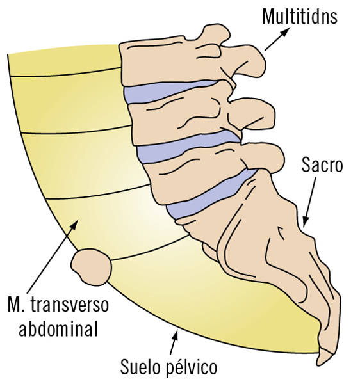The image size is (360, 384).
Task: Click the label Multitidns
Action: pyautogui.click(x=300, y=16)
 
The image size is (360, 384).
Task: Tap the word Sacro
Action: pyautogui.click(x=322, y=165)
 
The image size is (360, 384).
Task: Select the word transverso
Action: pyautogui.click(x=69, y=305)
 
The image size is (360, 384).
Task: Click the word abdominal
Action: pyautogui.click(x=58, y=328)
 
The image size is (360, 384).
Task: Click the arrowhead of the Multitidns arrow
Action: pyautogui.click(x=286, y=31)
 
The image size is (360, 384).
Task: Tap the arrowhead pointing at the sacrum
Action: pyautogui.click(x=305, y=222)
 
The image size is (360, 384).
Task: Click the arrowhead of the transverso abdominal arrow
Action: pyautogui.click(x=74, y=225)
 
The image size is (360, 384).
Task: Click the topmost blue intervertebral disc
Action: pyautogui.click(x=169, y=91)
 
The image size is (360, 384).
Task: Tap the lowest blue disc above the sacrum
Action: pyautogui.click(x=211, y=193)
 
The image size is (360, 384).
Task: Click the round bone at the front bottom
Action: pyautogui.click(x=91, y=267)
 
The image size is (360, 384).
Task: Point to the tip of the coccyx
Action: pyautogui.click(x=319, y=364)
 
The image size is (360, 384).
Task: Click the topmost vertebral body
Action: pyautogui.click(x=169, y=61)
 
